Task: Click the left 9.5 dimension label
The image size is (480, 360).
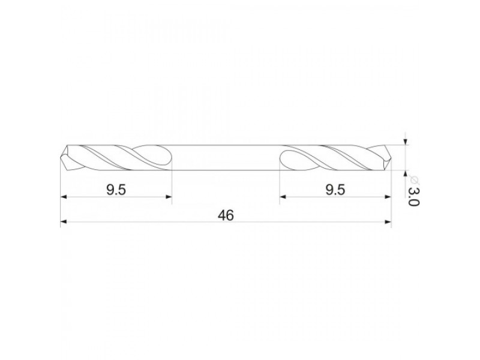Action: click(x=116, y=190)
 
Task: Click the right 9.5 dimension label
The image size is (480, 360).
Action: click(x=335, y=190)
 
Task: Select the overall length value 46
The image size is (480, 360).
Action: click(x=226, y=215)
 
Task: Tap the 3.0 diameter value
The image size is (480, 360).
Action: click(x=413, y=197)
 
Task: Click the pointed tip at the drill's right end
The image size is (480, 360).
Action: click(x=391, y=158)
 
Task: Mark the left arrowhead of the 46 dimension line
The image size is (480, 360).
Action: click(x=64, y=222)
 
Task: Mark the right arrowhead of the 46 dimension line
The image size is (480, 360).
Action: click(x=388, y=222)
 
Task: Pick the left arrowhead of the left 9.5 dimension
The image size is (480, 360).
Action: click(x=64, y=197)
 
